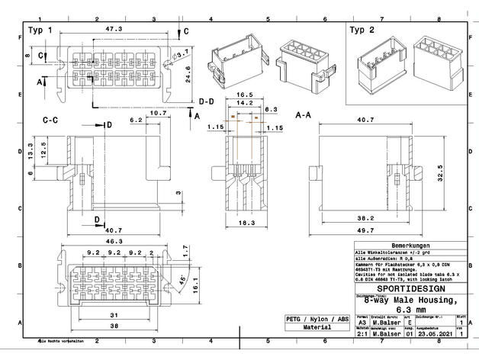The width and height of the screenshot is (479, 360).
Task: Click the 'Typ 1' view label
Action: click(40, 31)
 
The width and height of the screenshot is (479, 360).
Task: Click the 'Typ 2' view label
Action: click(362, 31)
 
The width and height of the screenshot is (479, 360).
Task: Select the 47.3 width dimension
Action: click(114, 29)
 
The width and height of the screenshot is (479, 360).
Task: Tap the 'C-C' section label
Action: click(52, 120)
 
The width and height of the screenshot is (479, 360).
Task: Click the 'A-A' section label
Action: click(304, 114)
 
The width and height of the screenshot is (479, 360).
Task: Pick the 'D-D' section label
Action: click(206, 101)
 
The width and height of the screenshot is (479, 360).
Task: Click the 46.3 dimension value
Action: click(113, 240)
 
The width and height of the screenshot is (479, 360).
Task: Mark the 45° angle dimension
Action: click(182, 279)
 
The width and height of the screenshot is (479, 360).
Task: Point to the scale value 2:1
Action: click(362, 333)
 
